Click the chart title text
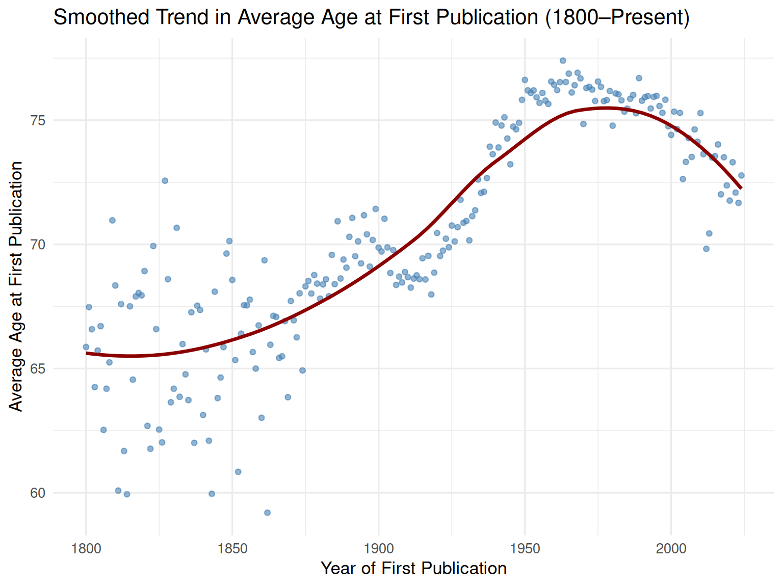371,17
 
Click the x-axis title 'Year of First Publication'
413,568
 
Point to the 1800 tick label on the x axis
86,549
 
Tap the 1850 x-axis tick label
232,549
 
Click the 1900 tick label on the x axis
378,549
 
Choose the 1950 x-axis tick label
525,549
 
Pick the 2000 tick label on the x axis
671,549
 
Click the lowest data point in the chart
267,513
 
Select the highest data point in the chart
563,60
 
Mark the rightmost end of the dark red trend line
741,188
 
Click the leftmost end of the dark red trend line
87,353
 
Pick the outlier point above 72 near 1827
165,180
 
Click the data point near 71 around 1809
112,220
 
